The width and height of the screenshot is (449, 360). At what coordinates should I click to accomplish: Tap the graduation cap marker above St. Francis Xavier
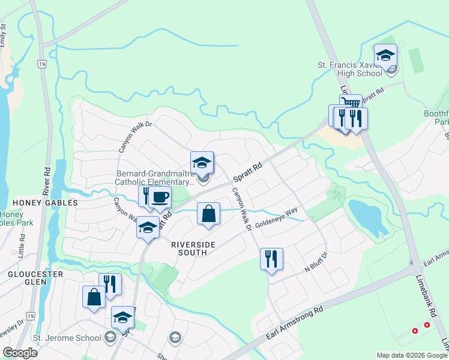tap(385, 56)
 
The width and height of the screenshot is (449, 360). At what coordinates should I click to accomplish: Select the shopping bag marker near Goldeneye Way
tap(208, 214)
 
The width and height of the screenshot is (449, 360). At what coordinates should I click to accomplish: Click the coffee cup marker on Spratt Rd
tap(160, 197)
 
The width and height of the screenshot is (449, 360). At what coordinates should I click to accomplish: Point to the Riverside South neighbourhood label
tap(189, 248)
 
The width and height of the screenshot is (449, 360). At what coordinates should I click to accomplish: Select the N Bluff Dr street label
tap(315, 262)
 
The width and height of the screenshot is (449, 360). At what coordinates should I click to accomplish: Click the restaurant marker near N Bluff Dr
tap(271, 259)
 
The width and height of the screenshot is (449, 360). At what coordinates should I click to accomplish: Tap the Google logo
tap(20, 352)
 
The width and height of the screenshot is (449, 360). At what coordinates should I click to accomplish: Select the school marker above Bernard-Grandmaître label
tap(202, 163)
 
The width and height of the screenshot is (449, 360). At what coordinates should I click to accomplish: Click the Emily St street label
tap(4, 35)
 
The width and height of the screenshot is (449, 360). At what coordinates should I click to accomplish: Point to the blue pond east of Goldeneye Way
tap(366, 217)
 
